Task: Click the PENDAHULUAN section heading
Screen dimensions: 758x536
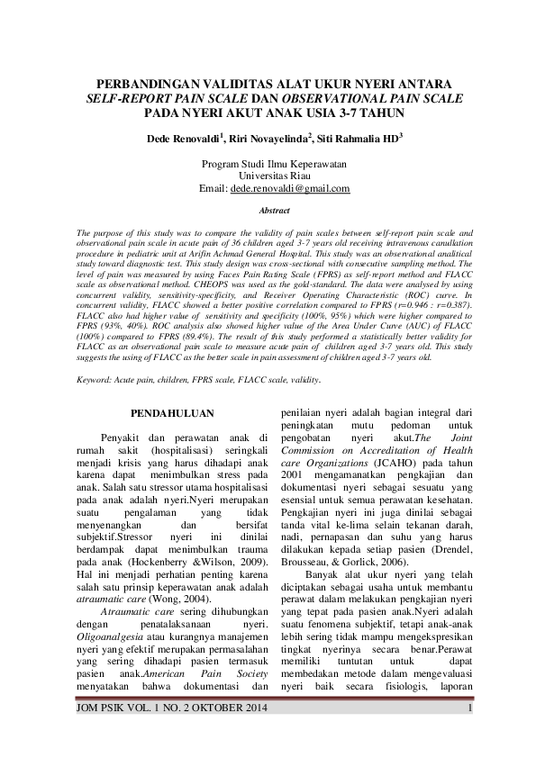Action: point(172,413)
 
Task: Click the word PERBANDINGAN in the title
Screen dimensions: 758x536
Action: point(150,84)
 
